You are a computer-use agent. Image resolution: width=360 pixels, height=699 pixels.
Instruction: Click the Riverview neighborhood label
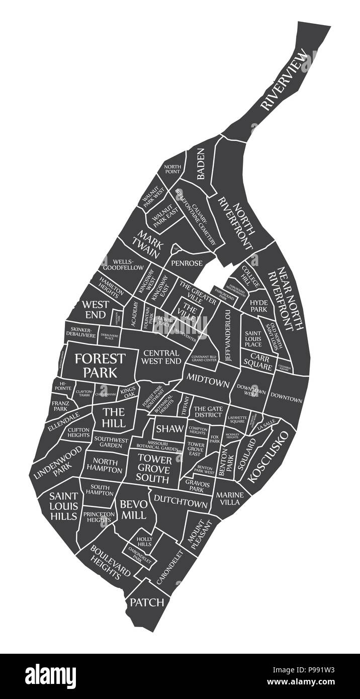pyautogui.click(x=284, y=79)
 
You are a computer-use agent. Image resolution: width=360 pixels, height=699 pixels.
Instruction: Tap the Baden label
pyautogui.click(x=201, y=164)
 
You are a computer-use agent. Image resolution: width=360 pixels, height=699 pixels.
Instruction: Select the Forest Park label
pyautogui.click(x=100, y=365)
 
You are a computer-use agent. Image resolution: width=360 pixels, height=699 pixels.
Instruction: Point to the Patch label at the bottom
pyautogui.click(x=147, y=602)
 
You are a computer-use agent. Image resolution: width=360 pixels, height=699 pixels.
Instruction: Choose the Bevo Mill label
pyautogui.click(x=133, y=509)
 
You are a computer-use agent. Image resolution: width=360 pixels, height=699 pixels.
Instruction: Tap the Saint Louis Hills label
pyautogui.click(x=63, y=506)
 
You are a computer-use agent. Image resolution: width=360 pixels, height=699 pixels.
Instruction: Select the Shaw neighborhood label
pyautogui.click(x=166, y=428)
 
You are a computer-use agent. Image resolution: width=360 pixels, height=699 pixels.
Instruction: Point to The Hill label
pyautogui.click(x=113, y=417)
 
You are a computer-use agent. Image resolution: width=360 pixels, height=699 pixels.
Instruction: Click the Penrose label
pyautogui.click(x=187, y=263)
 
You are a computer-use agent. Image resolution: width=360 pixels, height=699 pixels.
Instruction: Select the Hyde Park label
pyautogui.click(x=259, y=306)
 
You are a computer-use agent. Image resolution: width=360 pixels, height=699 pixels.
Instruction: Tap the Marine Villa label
pyautogui.click(x=230, y=498)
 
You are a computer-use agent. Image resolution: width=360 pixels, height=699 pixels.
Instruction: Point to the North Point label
pyautogui.click(x=172, y=169)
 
